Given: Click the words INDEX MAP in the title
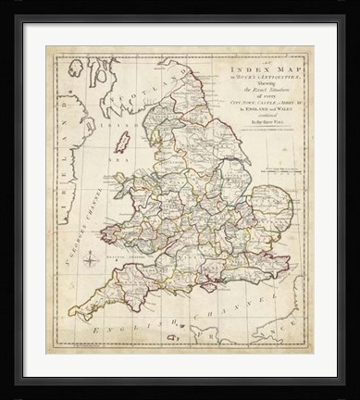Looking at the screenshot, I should [251, 69].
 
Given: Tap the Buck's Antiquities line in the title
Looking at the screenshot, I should [251, 78].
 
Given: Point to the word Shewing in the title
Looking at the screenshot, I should [251, 86].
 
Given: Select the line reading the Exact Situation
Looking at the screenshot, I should [251, 94].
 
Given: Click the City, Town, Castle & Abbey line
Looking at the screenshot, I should [251, 102].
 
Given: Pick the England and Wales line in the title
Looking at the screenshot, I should [251, 109].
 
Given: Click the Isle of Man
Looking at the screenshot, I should [122, 144].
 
